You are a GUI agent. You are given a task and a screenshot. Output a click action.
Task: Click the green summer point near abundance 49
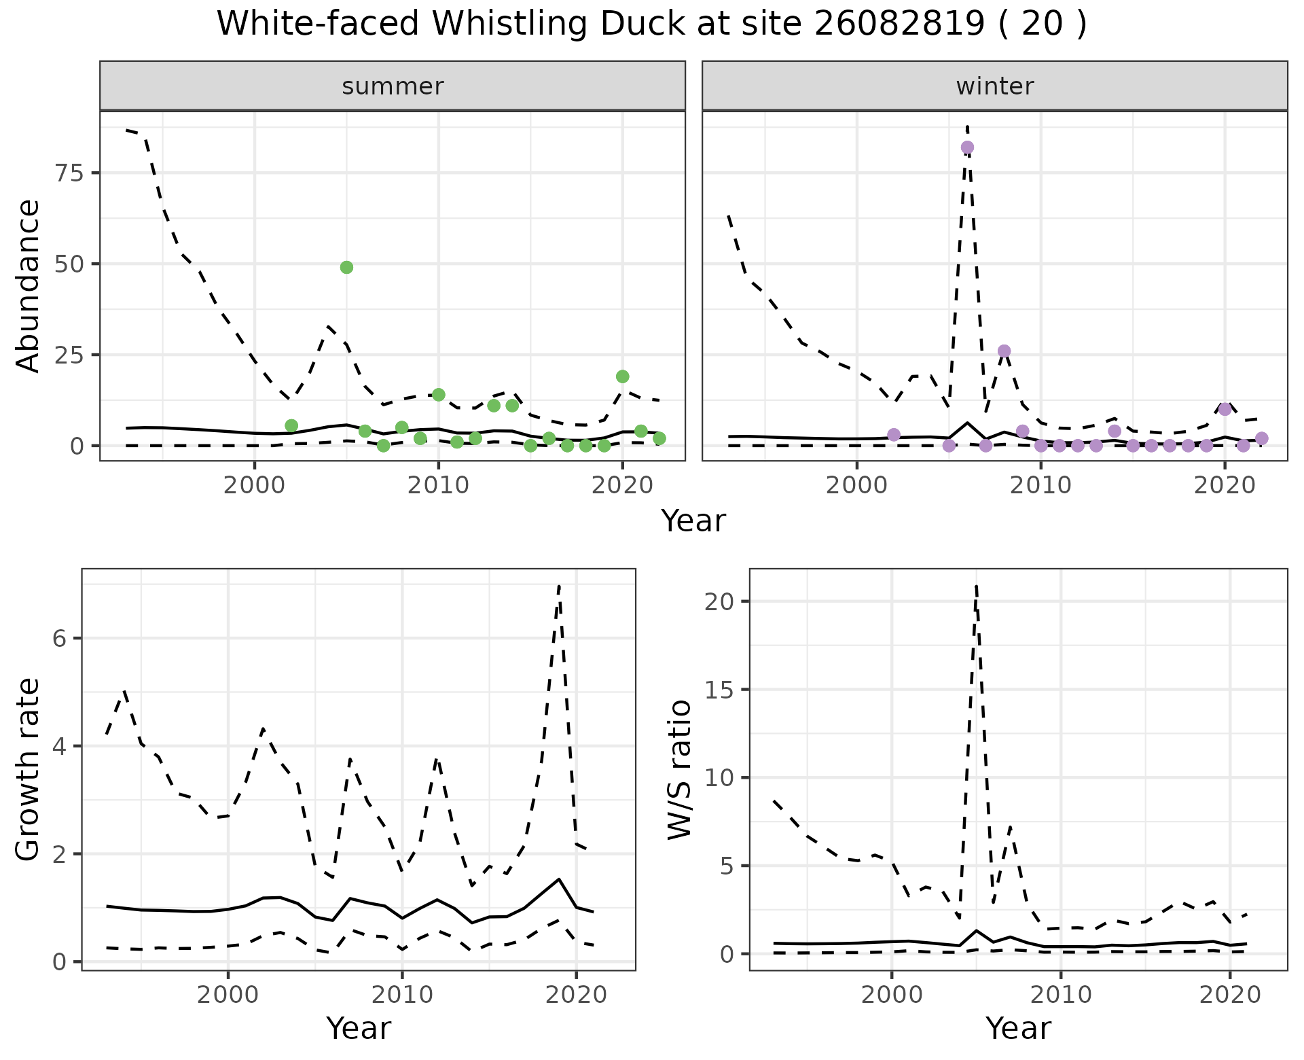pyautogui.click(x=346, y=268)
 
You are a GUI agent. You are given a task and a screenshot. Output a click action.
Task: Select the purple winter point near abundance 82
pyautogui.click(x=967, y=147)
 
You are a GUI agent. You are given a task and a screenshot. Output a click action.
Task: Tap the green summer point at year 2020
pyautogui.click(x=622, y=376)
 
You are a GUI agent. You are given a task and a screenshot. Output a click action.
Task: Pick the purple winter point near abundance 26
pyautogui.click(x=1004, y=351)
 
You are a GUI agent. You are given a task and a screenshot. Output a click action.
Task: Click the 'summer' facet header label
pyautogui.click(x=393, y=86)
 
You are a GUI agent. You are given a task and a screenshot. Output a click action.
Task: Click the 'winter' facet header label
pyautogui.click(x=994, y=86)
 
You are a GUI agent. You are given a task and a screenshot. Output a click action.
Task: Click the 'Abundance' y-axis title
pyautogui.click(x=29, y=285)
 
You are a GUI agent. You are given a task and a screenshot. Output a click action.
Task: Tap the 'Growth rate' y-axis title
pyautogui.click(x=29, y=769)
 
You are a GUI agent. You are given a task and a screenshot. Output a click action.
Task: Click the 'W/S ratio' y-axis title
pyautogui.click(x=679, y=769)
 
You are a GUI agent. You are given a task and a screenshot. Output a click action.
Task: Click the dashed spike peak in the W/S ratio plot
pyautogui.click(x=976, y=586)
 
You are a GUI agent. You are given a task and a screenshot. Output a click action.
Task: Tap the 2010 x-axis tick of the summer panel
pyautogui.click(x=438, y=485)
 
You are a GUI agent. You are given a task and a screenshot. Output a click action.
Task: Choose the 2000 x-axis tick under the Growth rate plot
pyautogui.click(x=228, y=995)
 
